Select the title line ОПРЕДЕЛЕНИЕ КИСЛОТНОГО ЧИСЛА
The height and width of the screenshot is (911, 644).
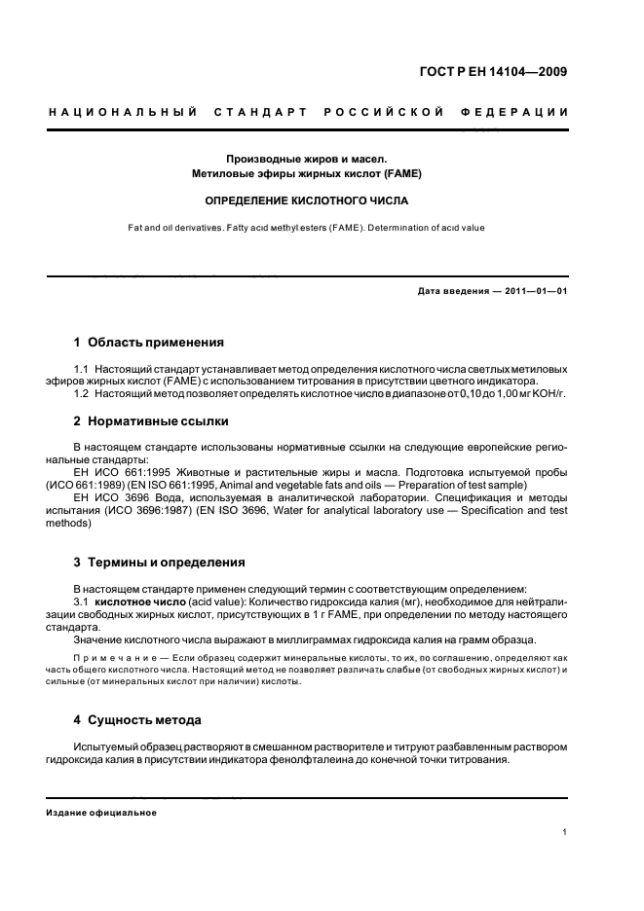pos(306,201)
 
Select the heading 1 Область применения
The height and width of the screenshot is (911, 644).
pos(149,343)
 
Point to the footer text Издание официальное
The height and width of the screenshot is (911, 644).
pos(102,812)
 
